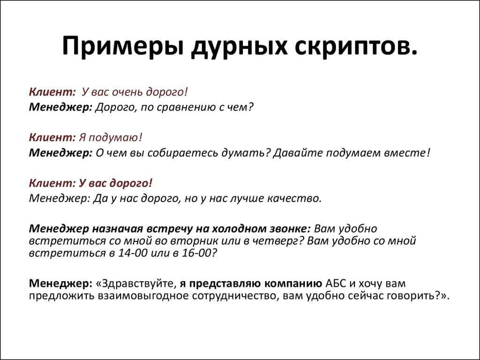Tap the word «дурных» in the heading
click(x=239, y=46)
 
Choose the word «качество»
click(x=294, y=199)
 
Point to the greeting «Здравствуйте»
click(x=139, y=284)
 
